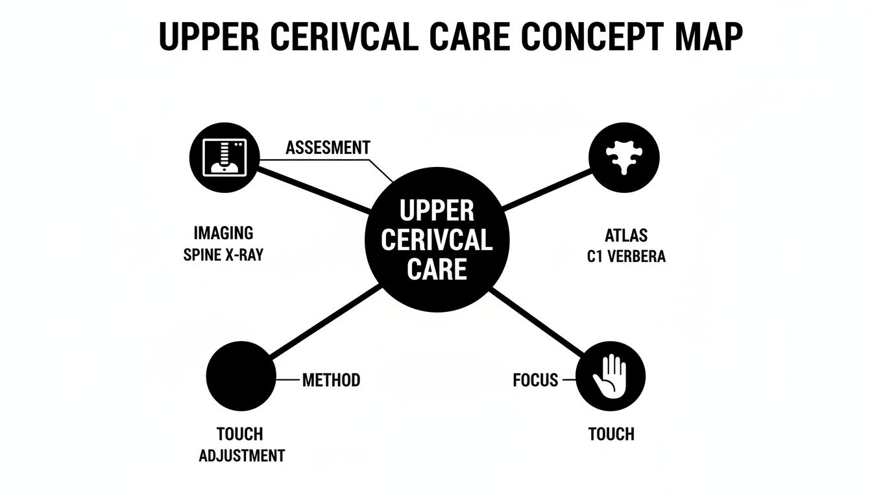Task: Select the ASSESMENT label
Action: tap(328, 147)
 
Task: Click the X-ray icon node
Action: tap(224, 158)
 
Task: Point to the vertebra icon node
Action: tap(624, 158)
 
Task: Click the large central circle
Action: tap(436, 240)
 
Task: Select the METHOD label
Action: tap(331, 379)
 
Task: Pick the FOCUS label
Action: tap(535, 380)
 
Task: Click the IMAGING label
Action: tap(223, 233)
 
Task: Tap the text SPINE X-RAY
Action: tap(223, 255)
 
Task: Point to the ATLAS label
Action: tap(626, 235)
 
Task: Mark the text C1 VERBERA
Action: tap(626, 257)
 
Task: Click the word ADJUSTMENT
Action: tap(241, 455)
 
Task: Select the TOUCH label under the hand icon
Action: tap(611, 433)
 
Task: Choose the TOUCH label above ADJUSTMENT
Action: tap(240, 433)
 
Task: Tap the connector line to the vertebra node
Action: tap(547, 190)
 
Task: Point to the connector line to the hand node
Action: tap(539, 325)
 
